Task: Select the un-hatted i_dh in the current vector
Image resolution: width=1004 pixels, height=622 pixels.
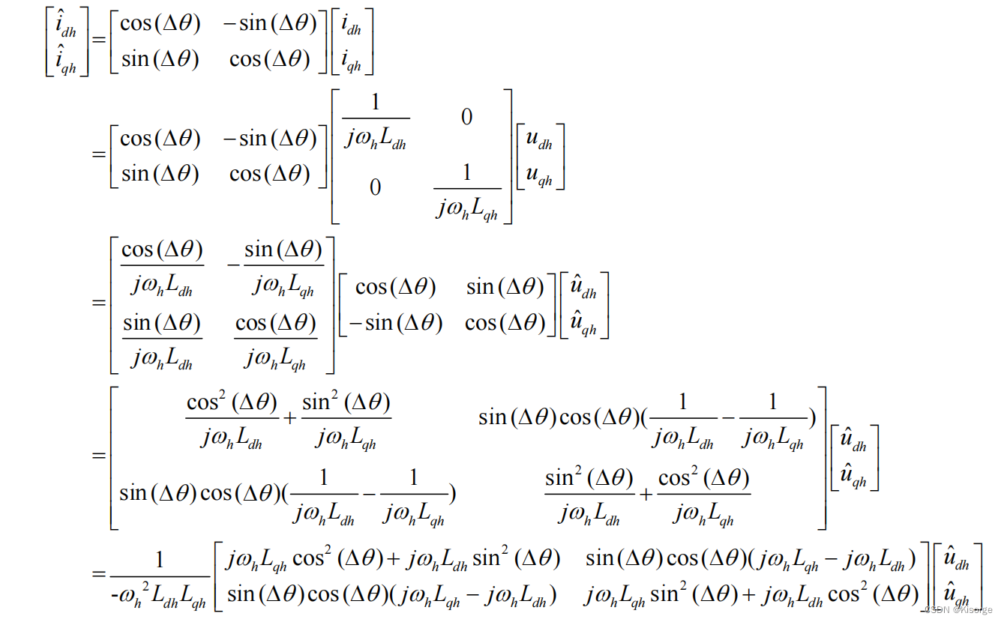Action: click(351, 28)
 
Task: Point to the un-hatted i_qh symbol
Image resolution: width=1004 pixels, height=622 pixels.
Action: click(351, 62)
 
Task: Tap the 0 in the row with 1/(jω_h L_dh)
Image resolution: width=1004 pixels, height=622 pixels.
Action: click(466, 118)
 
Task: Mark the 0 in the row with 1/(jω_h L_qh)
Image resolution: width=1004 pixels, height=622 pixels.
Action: click(375, 187)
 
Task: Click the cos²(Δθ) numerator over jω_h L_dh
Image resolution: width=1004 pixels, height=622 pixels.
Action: click(232, 403)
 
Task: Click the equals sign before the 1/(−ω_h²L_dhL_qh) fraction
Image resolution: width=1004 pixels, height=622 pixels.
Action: click(98, 576)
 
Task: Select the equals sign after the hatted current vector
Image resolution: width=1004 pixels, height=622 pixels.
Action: click(98, 43)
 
